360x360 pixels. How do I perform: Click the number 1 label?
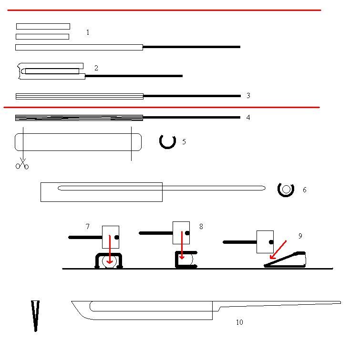[88, 32]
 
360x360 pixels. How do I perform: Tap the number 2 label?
[96, 68]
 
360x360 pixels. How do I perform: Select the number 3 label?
[248, 96]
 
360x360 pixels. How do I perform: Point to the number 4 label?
[248, 118]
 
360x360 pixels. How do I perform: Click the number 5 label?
[184, 142]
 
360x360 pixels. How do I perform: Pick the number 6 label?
[305, 190]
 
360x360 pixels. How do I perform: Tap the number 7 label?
[88, 227]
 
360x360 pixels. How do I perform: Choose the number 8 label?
[201, 227]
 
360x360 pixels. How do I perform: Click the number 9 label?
[300, 236]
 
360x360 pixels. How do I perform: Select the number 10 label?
[239, 322]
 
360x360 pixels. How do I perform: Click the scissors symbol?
[22, 164]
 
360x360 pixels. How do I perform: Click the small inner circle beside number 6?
[286, 190]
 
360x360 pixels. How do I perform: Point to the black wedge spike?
[35, 316]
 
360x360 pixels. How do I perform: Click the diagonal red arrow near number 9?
[278, 250]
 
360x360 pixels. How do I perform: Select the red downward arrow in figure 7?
[110, 250]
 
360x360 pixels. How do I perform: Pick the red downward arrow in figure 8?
[182, 245]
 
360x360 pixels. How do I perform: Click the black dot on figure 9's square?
[271, 242]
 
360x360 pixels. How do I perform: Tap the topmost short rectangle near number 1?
[43, 26]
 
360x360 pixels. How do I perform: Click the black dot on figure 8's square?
[187, 233]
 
